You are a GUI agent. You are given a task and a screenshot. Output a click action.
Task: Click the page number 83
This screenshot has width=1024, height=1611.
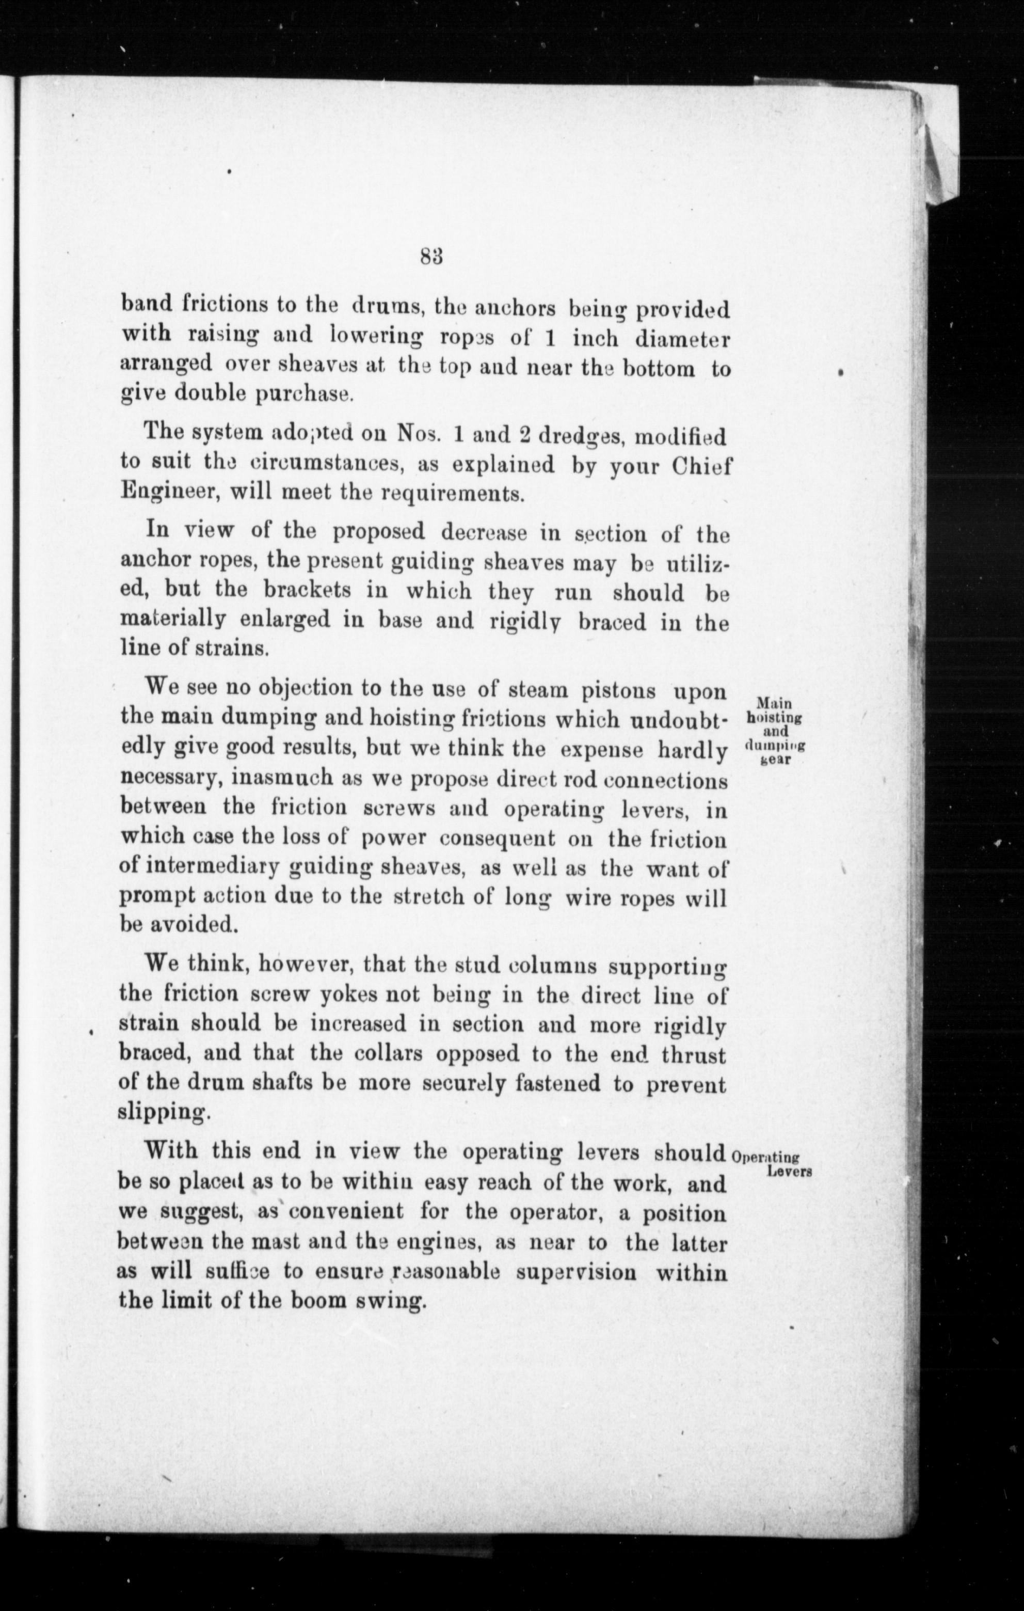pos(434,257)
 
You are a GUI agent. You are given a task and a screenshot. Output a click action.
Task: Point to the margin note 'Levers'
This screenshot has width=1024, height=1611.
pos(790,1172)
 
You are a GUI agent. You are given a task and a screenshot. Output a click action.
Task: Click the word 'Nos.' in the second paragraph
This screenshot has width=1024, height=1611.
pos(418,435)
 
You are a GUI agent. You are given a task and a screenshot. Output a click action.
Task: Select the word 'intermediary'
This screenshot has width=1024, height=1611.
pos(213,867)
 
